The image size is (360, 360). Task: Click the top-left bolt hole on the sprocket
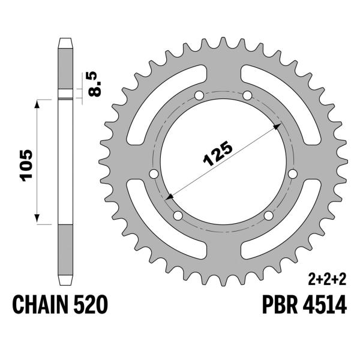pyautogui.click(x=199, y=95)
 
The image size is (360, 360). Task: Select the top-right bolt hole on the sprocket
pyautogui.click(x=247, y=95)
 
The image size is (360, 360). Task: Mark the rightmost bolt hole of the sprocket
pyautogui.click(x=293, y=174)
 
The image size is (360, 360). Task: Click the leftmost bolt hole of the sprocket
pyautogui.click(x=153, y=174)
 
